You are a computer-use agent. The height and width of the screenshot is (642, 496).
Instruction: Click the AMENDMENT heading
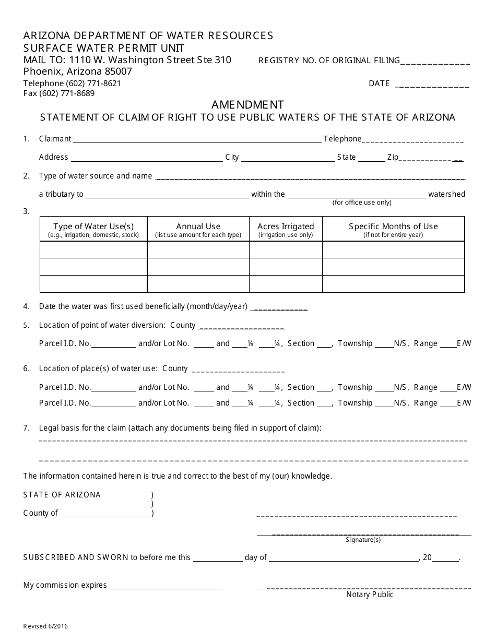click(x=248, y=104)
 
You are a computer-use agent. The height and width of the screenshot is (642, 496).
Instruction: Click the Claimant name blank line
click(x=197, y=139)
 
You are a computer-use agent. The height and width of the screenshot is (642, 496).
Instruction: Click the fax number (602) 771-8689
click(x=59, y=93)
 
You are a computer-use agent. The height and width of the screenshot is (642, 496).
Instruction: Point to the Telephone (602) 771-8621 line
click(x=72, y=84)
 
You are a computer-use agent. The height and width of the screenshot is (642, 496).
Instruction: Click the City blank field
click(x=288, y=158)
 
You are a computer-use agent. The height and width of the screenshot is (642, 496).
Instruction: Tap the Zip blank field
click(x=431, y=158)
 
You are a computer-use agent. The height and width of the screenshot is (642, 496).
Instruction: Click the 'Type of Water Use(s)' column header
click(x=93, y=229)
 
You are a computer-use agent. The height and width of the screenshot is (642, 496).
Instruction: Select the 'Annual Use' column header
click(x=198, y=229)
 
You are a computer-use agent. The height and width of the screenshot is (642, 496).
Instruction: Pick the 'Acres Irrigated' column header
click(x=286, y=229)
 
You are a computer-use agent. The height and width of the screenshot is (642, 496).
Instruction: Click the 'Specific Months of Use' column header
click(x=393, y=229)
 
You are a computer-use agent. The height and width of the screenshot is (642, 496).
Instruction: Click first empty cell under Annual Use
click(x=198, y=250)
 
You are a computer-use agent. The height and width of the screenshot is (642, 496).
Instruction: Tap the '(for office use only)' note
click(x=362, y=203)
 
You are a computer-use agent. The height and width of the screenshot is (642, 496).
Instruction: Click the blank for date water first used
click(x=279, y=307)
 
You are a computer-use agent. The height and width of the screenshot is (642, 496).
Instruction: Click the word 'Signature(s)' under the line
click(x=363, y=540)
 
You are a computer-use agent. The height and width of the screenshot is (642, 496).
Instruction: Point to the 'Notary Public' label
click(x=370, y=595)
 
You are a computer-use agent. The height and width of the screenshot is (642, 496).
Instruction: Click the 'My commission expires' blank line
click(x=166, y=586)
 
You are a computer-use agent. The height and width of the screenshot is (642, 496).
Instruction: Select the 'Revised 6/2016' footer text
click(x=45, y=626)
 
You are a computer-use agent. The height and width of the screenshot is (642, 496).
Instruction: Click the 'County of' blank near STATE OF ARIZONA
click(x=105, y=514)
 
